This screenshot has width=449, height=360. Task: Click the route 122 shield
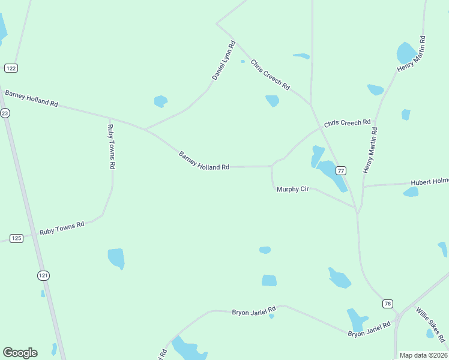[11, 68]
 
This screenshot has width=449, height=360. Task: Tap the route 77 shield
[341, 170]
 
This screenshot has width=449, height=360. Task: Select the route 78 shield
[388, 304]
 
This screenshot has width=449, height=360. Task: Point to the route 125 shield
[17, 238]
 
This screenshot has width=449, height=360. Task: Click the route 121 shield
[43, 275]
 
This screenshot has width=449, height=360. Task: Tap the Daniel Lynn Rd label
[224, 61]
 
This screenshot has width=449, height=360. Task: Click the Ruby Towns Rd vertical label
[111, 145]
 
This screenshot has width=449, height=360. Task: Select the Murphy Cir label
[292, 189]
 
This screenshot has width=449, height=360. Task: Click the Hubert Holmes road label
[429, 182]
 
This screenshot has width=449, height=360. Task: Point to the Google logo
[20, 353]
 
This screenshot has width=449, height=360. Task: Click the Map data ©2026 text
[423, 355]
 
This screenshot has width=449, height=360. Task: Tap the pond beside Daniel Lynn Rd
[160, 101]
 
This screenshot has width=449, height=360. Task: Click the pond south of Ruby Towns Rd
[116, 258]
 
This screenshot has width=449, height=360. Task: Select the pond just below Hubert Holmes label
[411, 192]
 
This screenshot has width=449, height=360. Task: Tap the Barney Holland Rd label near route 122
[31, 98]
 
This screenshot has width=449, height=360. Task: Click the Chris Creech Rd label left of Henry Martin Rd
[347, 123]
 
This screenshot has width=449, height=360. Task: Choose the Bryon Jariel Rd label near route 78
[369, 329]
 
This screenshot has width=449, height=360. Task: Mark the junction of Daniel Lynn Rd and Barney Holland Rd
[145, 130]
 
